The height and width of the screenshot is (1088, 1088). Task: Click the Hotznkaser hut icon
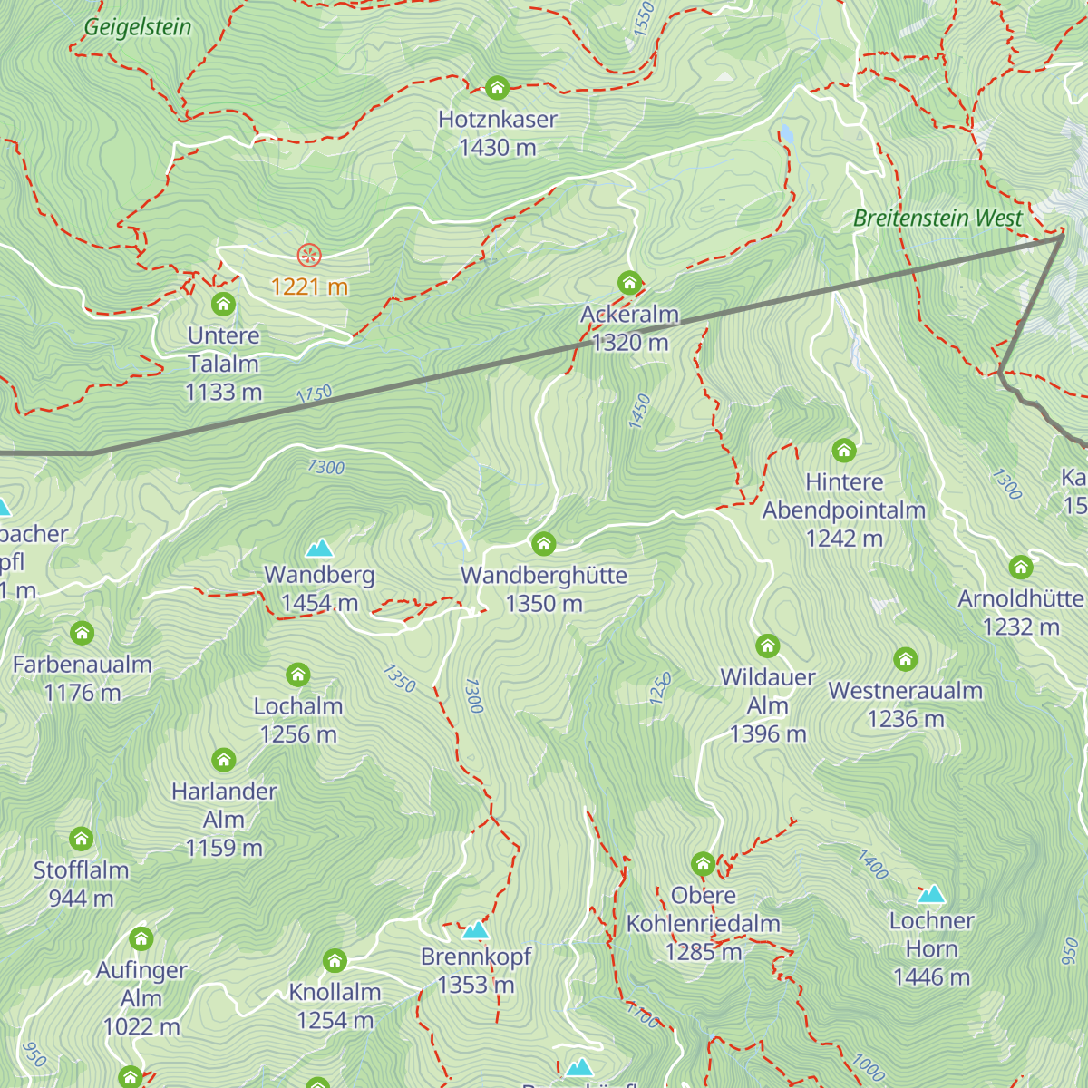click(496, 88)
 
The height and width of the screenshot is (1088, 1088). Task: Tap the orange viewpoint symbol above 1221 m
click(309, 256)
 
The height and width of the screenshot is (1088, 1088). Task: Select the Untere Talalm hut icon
click(223, 304)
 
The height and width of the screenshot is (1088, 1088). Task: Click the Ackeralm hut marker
click(629, 283)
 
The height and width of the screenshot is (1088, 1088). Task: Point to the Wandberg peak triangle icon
click(319, 548)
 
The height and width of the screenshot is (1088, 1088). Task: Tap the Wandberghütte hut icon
click(543, 544)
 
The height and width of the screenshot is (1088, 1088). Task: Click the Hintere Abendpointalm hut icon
click(843, 451)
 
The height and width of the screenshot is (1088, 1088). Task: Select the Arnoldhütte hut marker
click(1021, 568)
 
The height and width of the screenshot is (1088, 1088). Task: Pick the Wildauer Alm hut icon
click(767, 646)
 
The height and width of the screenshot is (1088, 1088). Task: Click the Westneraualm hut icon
click(905, 659)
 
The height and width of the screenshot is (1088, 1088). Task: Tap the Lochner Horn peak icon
click(931, 895)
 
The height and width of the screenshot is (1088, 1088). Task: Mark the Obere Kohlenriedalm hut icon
click(703, 864)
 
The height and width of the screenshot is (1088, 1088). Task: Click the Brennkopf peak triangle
click(476, 930)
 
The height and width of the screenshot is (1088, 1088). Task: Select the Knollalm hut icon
click(335, 961)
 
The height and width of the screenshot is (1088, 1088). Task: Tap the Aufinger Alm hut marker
click(141, 938)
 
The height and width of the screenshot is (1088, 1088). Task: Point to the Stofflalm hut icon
click(82, 839)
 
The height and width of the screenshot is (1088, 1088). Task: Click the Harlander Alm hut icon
click(223, 760)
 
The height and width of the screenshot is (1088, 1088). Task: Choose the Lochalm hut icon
click(297, 675)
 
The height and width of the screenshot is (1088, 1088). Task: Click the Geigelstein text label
click(138, 27)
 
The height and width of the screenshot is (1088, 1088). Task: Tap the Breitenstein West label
click(937, 219)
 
